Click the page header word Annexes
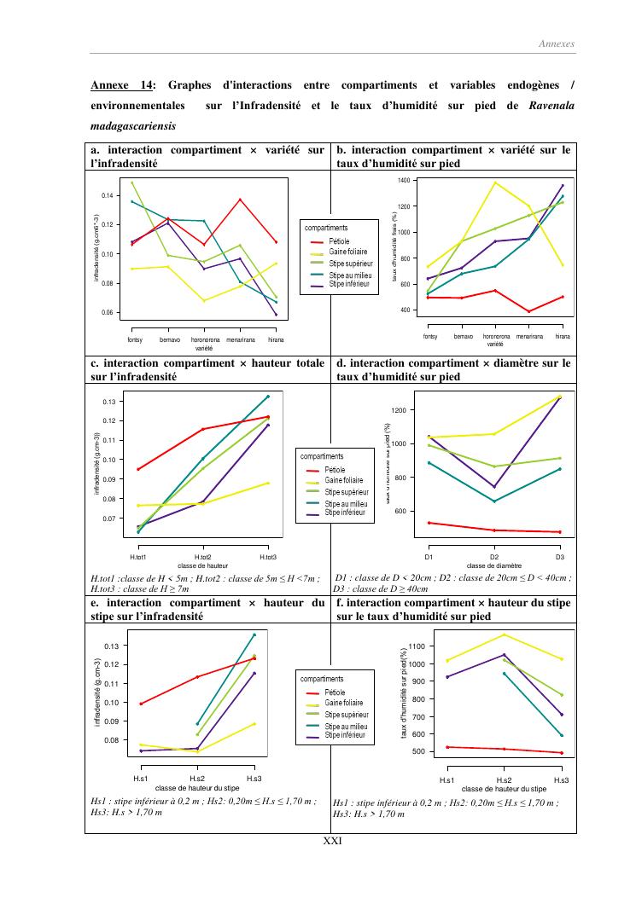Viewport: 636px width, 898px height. [557, 43]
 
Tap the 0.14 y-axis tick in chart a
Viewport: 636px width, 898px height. [107, 195]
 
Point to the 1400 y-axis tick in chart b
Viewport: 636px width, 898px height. [404, 181]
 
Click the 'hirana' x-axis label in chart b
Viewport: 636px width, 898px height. [563, 337]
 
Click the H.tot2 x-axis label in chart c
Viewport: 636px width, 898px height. [202, 557]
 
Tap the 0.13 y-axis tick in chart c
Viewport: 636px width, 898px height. [108, 402]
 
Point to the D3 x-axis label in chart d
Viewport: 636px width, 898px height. [560, 556]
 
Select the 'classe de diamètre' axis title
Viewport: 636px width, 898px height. [494, 565]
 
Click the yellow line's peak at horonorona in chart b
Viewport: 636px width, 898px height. [495, 182]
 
